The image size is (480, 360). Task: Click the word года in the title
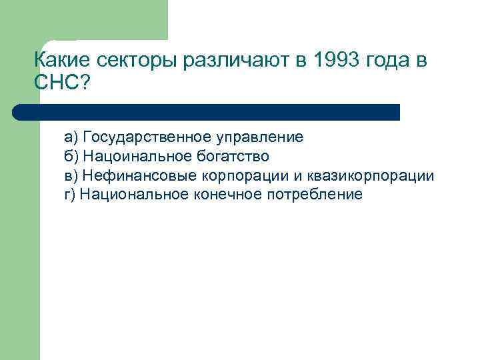tap(387, 61)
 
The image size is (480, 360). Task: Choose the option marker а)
tap(71, 137)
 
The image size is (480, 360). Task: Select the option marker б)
tap(71, 157)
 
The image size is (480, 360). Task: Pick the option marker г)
tap(70, 195)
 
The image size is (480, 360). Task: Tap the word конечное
tap(226, 195)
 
